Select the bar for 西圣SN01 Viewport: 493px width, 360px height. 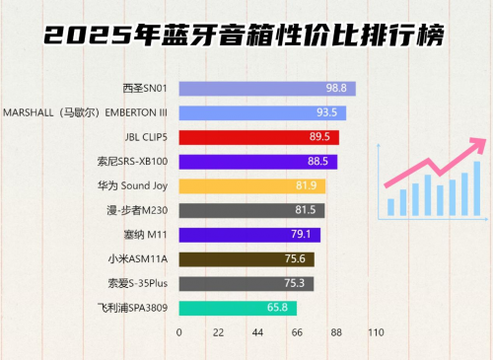click(266, 89)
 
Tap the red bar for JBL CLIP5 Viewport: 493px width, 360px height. click(259, 137)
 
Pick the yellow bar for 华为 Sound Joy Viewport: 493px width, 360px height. click(252, 185)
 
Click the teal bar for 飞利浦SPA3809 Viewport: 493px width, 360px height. click(237, 308)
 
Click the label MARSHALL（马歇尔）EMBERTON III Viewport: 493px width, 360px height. click(86, 113)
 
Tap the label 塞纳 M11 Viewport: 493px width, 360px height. click(146, 235)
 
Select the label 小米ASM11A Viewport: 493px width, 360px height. click(139, 259)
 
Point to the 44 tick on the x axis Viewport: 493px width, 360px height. click(257, 333)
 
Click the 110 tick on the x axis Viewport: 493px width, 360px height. click(375, 333)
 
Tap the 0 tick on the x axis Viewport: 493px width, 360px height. click(179, 333)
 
